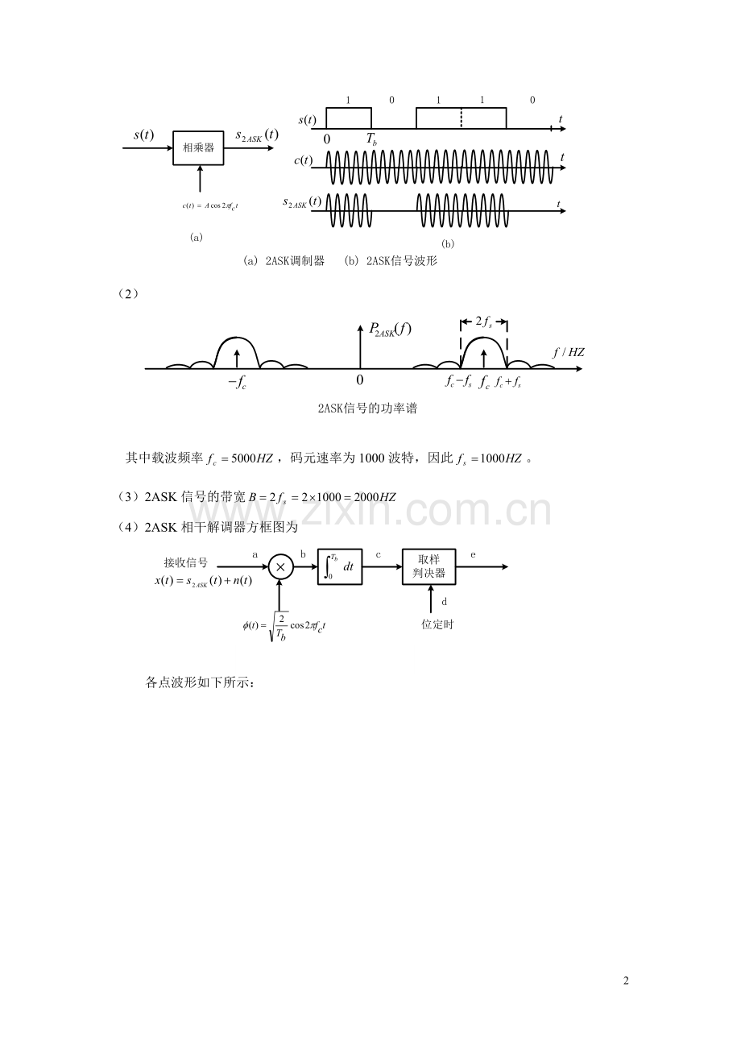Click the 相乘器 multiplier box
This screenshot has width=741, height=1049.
198,148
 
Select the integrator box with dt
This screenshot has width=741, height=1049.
339,566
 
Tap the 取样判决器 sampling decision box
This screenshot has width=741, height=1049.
428,566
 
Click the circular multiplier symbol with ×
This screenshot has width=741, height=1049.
280,567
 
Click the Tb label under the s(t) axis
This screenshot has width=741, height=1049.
371,139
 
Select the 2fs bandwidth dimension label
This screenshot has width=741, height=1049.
483,321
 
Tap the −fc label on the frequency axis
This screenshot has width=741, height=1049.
238,383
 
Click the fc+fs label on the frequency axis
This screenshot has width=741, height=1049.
508,383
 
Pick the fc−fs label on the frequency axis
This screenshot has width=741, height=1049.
458,383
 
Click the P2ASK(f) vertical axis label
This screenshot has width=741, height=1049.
390,330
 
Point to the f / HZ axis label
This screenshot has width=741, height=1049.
569,352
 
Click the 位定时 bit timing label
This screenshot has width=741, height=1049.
437,624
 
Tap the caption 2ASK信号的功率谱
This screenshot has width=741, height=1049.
367,408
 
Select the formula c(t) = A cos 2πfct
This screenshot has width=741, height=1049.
210,206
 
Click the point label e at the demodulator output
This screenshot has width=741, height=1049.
474,555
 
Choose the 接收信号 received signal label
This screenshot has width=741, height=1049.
186,562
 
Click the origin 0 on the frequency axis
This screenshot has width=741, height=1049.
359,379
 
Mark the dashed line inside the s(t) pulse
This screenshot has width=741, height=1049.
461,118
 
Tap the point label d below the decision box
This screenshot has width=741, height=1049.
445,602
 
